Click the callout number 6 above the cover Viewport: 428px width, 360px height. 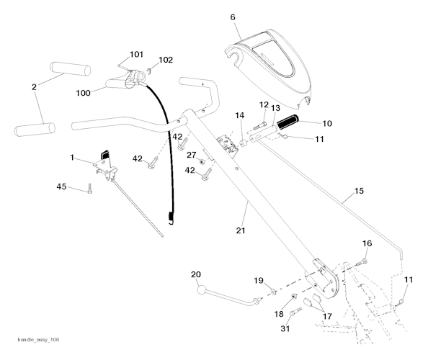coord(232,17)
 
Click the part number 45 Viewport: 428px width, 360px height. coord(63,187)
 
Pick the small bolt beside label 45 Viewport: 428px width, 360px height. coord(88,189)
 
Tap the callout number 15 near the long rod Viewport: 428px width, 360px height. coord(358,193)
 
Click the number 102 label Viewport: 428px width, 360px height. coord(165,60)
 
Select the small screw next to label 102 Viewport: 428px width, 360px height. coord(148,69)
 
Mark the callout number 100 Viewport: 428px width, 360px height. coord(84,92)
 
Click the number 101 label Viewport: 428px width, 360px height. coord(136,54)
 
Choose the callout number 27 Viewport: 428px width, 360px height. coord(192,155)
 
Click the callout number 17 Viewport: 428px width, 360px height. coord(327,316)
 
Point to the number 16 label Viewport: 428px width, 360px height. coord(366,243)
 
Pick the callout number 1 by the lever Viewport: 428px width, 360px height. coord(72,157)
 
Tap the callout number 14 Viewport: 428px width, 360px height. coord(238,115)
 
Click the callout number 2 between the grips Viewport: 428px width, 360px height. coord(34,87)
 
